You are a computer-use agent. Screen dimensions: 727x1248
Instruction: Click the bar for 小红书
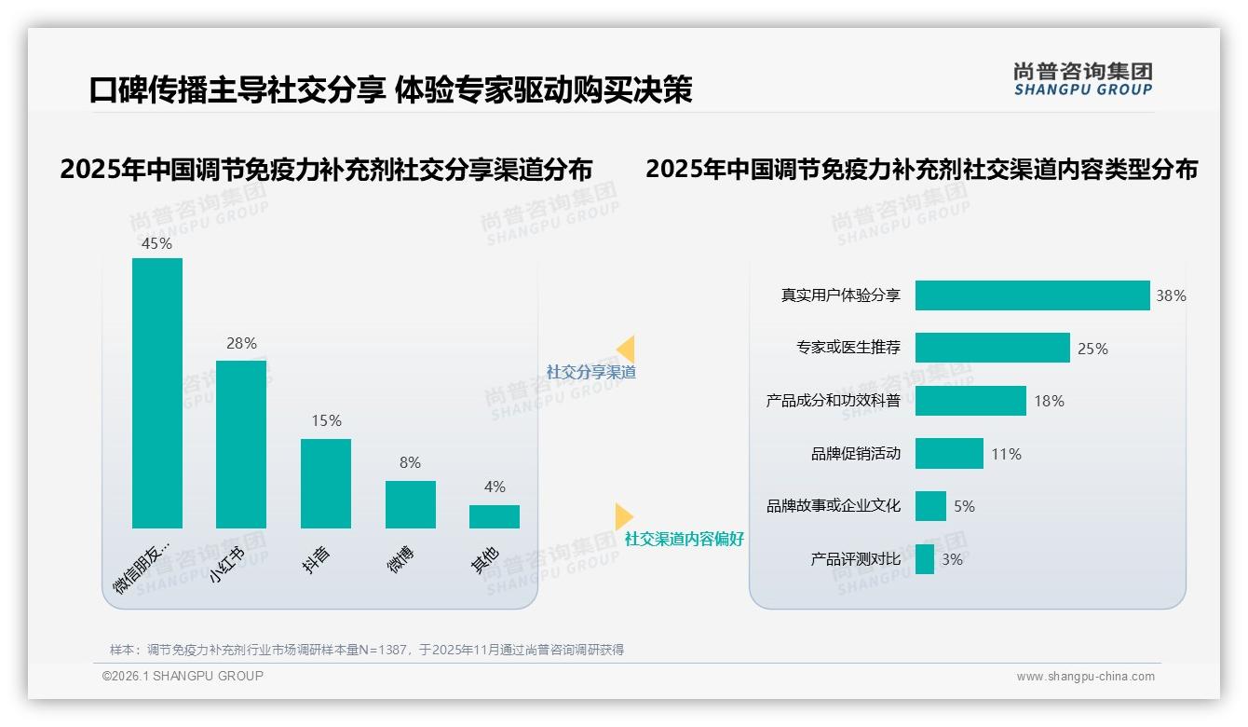point(241,444)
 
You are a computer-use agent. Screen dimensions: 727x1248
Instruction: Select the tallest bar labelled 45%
point(157,392)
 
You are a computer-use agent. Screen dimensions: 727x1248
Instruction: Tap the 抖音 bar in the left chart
point(326,483)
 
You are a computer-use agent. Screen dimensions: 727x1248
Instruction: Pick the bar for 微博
point(411,504)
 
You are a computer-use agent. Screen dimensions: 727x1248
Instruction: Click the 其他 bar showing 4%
point(495,516)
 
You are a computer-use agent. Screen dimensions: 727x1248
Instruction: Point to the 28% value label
point(241,343)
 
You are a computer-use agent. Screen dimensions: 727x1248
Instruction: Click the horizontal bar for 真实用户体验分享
point(1032,295)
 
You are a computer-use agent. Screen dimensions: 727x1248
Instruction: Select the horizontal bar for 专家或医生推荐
point(992,348)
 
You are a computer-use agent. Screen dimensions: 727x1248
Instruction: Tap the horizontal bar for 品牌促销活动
point(949,454)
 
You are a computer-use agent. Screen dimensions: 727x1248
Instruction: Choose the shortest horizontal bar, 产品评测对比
point(925,559)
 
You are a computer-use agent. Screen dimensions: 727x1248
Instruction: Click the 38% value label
point(1171,295)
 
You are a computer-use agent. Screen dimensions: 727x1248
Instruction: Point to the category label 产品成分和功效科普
point(834,401)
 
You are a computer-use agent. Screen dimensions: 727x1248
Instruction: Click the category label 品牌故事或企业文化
point(834,506)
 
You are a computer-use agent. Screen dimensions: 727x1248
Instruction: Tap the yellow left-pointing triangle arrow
point(626,349)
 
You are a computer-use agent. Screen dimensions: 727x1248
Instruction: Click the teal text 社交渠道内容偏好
point(685,539)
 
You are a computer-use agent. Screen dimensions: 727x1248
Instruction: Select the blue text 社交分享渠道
point(591,372)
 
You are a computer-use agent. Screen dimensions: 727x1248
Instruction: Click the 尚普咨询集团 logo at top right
point(1082,78)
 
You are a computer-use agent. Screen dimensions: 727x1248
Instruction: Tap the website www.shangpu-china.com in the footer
point(1085,677)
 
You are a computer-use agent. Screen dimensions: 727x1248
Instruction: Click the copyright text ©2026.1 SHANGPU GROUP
point(183,676)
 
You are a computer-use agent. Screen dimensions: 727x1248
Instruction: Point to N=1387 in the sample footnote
point(382,650)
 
